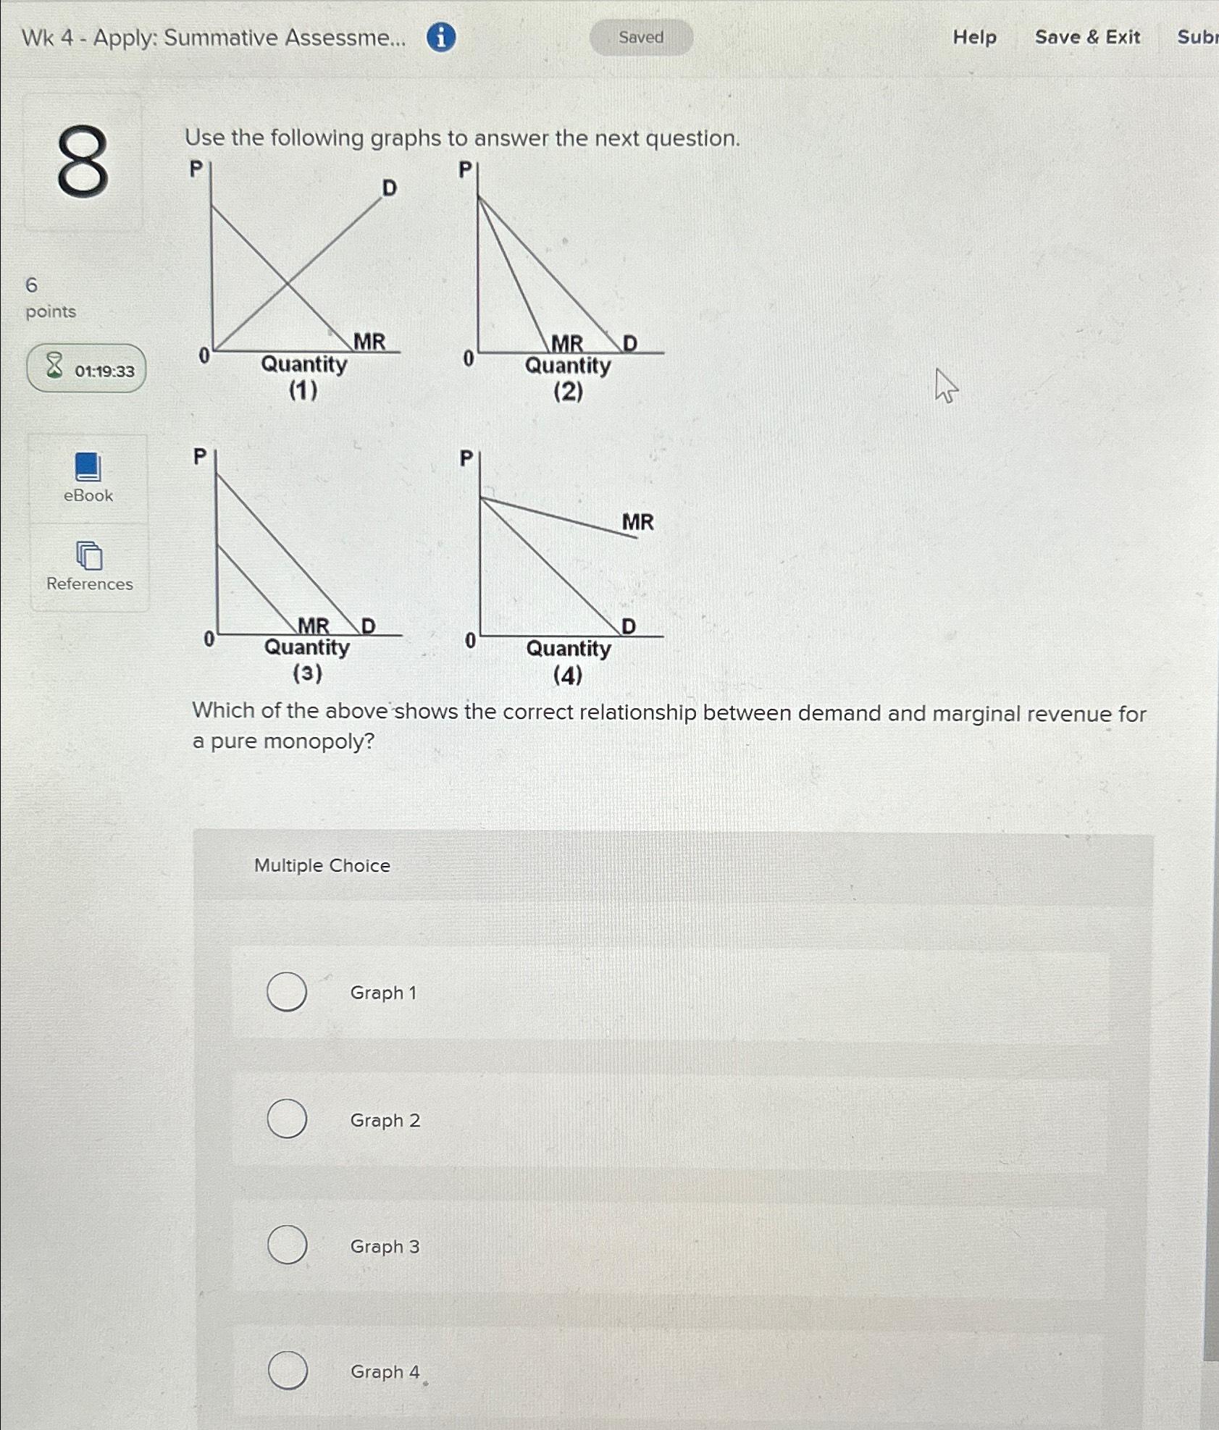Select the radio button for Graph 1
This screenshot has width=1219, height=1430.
tap(287, 992)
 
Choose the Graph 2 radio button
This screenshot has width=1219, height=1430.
tap(287, 1119)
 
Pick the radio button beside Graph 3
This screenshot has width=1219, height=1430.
tap(287, 1245)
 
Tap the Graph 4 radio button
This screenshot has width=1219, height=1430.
tap(288, 1371)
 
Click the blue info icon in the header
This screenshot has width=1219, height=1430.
tap(441, 37)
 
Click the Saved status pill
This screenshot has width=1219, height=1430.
tap(641, 38)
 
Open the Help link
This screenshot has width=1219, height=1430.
tap(974, 37)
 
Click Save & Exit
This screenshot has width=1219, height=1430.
tap(1087, 37)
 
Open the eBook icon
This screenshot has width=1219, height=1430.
tap(88, 468)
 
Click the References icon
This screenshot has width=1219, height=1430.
tap(89, 556)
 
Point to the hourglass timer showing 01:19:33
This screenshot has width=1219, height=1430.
tap(86, 369)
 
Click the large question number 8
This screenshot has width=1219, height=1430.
tap(83, 162)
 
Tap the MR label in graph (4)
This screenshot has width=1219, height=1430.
tap(637, 522)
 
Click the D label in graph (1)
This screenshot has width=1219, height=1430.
tap(390, 188)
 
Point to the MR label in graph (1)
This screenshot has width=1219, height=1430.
tap(369, 341)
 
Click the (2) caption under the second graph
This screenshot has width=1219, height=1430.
tap(568, 392)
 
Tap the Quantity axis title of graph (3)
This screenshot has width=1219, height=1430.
tap(307, 647)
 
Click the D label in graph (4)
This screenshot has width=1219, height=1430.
tap(629, 626)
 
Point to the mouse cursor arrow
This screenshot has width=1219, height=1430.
tap(945, 384)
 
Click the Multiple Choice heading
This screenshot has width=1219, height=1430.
tap(322, 865)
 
